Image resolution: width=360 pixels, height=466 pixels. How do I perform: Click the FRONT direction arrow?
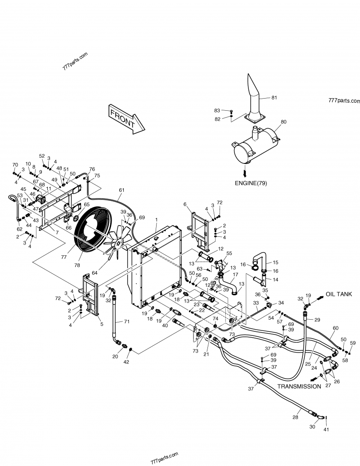[126, 119]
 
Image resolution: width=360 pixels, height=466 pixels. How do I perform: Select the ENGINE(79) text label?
[253, 183]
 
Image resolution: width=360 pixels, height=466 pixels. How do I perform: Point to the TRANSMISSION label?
[299, 386]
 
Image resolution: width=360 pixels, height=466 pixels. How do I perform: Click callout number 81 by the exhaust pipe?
[274, 97]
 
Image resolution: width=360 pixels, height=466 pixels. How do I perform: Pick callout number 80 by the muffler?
[283, 122]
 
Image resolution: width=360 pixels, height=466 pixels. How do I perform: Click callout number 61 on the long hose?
[121, 190]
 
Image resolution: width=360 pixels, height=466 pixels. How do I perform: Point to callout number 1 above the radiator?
[156, 219]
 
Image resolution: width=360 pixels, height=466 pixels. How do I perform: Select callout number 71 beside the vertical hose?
[126, 321]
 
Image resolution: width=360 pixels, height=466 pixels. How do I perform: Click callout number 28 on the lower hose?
[295, 417]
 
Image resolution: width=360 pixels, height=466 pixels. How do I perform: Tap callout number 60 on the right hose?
[335, 328]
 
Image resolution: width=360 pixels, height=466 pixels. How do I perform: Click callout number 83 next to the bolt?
[217, 110]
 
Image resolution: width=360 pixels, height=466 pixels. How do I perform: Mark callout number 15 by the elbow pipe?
[276, 262]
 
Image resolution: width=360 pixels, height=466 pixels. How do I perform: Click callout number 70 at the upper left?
[15, 165]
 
